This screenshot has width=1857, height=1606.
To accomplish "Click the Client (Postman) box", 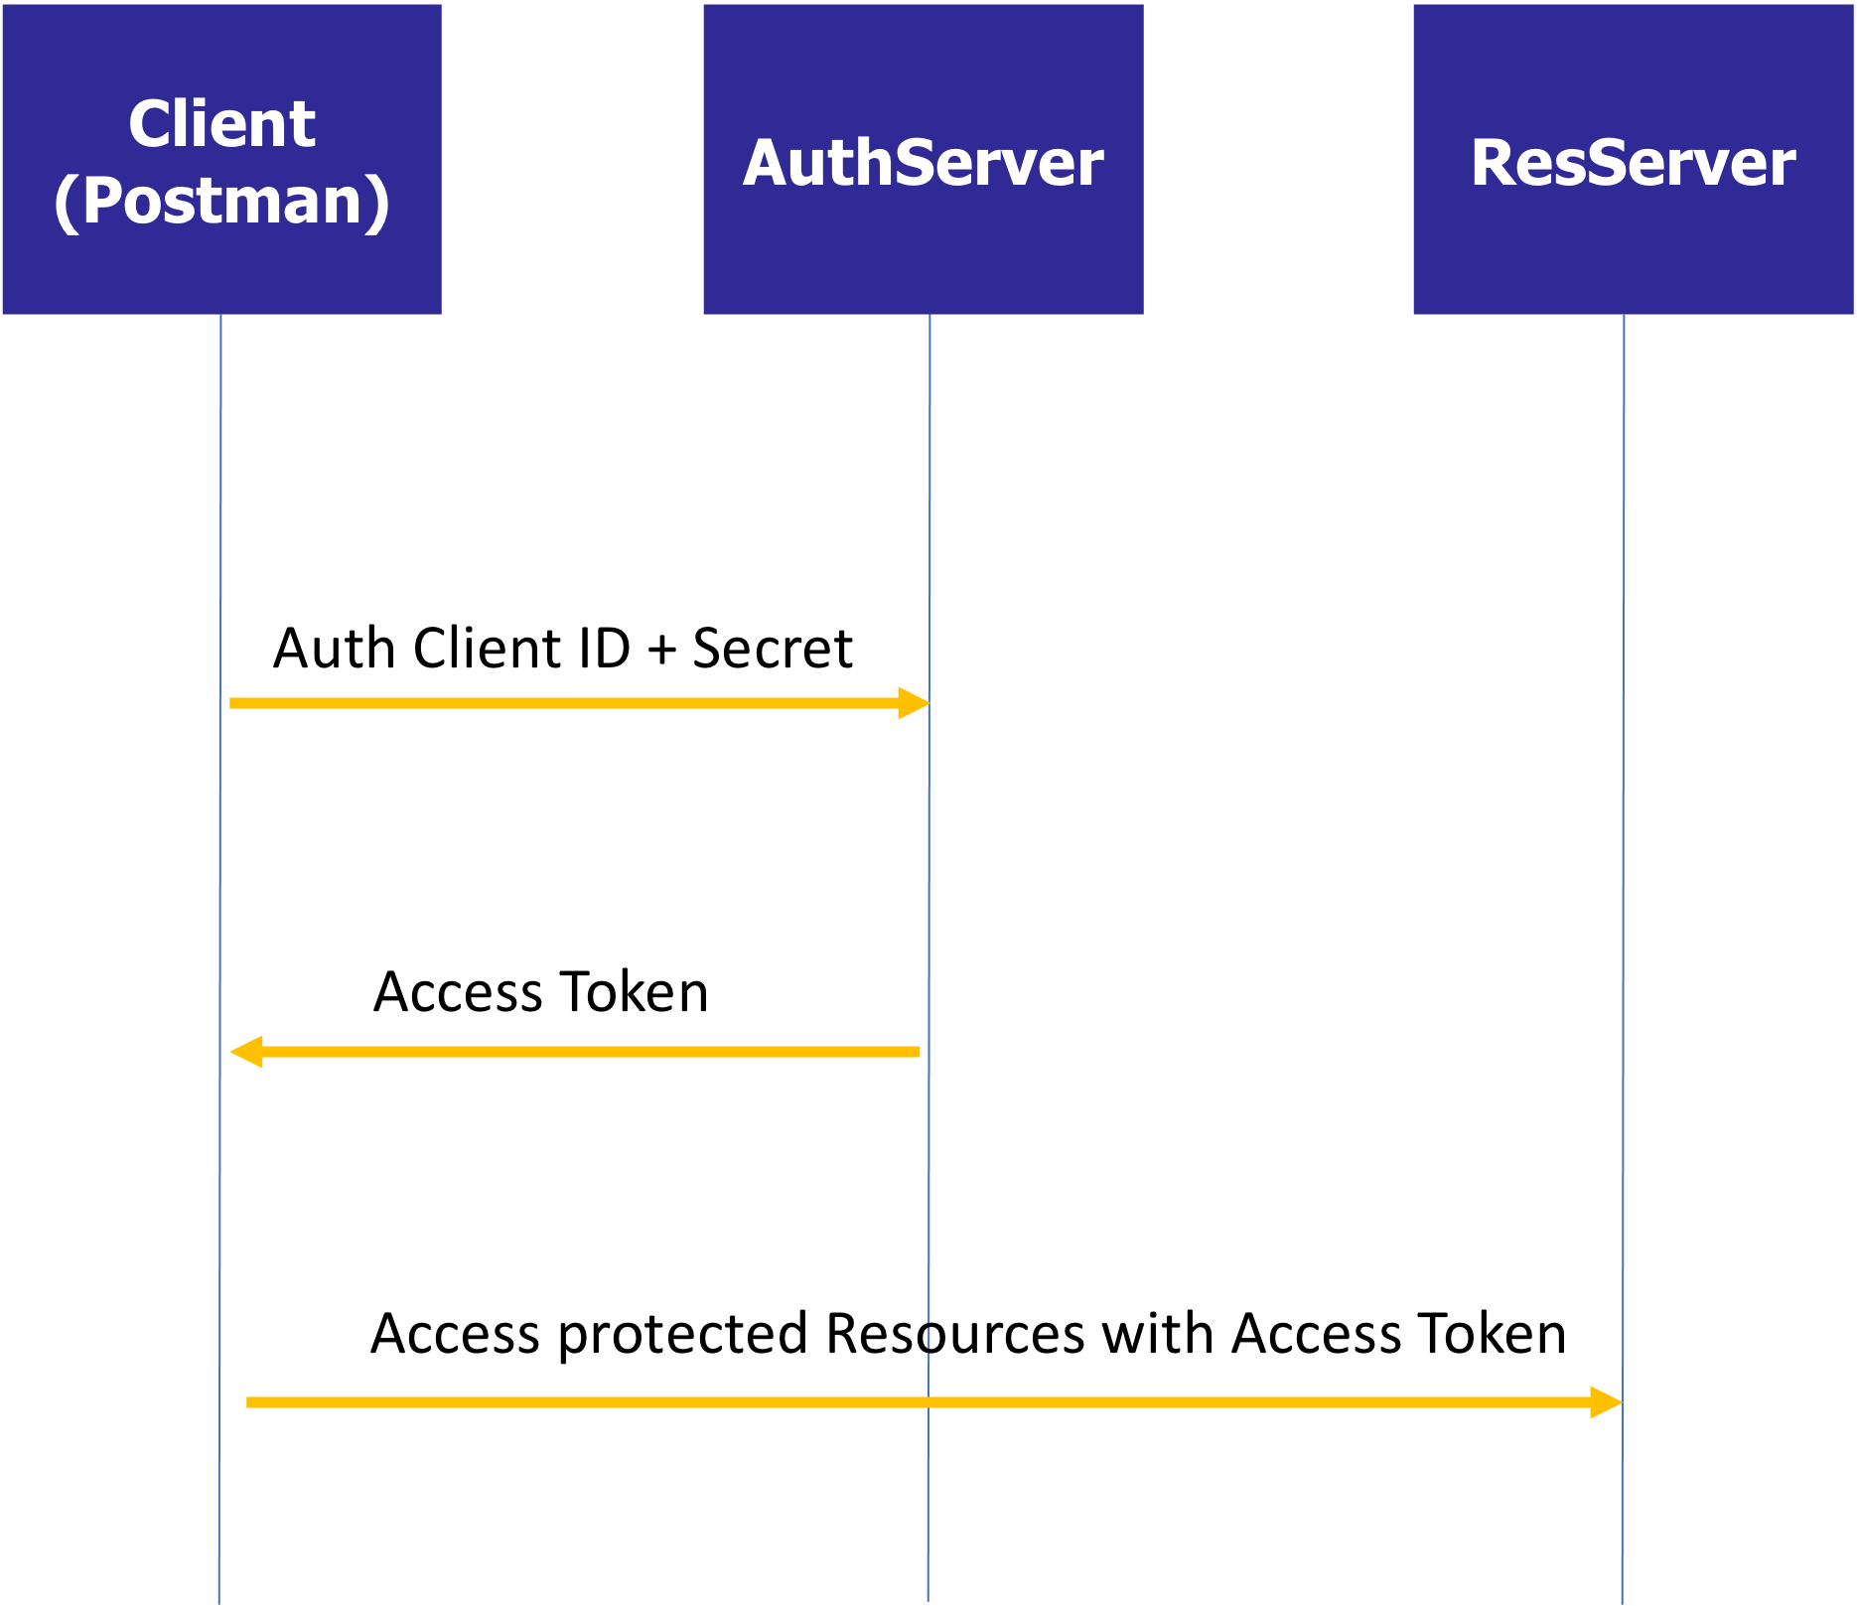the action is click(x=222, y=159).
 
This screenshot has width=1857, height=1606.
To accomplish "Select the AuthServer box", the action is click(x=924, y=159).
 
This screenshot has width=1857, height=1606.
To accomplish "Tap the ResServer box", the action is click(x=1634, y=159).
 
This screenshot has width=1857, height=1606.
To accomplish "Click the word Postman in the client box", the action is click(x=222, y=201).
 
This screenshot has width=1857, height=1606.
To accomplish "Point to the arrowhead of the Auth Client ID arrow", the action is click(x=915, y=703).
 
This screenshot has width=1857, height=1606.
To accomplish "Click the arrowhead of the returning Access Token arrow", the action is click(x=246, y=1052).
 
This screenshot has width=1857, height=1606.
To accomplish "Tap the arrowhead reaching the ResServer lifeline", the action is click(x=1606, y=1402).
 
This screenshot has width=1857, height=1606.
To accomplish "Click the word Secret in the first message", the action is click(x=773, y=649).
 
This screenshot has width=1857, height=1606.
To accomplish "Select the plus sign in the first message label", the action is click(x=661, y=652).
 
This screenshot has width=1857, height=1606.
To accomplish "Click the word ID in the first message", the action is click(x=598, y=649).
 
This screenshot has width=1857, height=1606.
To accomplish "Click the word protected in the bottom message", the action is click(x=683, y=1335).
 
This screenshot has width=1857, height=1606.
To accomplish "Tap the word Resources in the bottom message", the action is click(x=955, y=1333).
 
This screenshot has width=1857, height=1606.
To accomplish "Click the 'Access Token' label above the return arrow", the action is click(x=541, y=991).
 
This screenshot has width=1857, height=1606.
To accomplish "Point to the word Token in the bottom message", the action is click(x=1492, y=1333).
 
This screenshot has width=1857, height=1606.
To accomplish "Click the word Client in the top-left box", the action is click(x=222, y=124).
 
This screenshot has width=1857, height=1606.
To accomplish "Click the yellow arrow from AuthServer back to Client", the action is click(x=575, y=1052).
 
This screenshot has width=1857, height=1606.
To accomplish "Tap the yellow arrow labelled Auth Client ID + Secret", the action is click(x=580, y=703).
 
